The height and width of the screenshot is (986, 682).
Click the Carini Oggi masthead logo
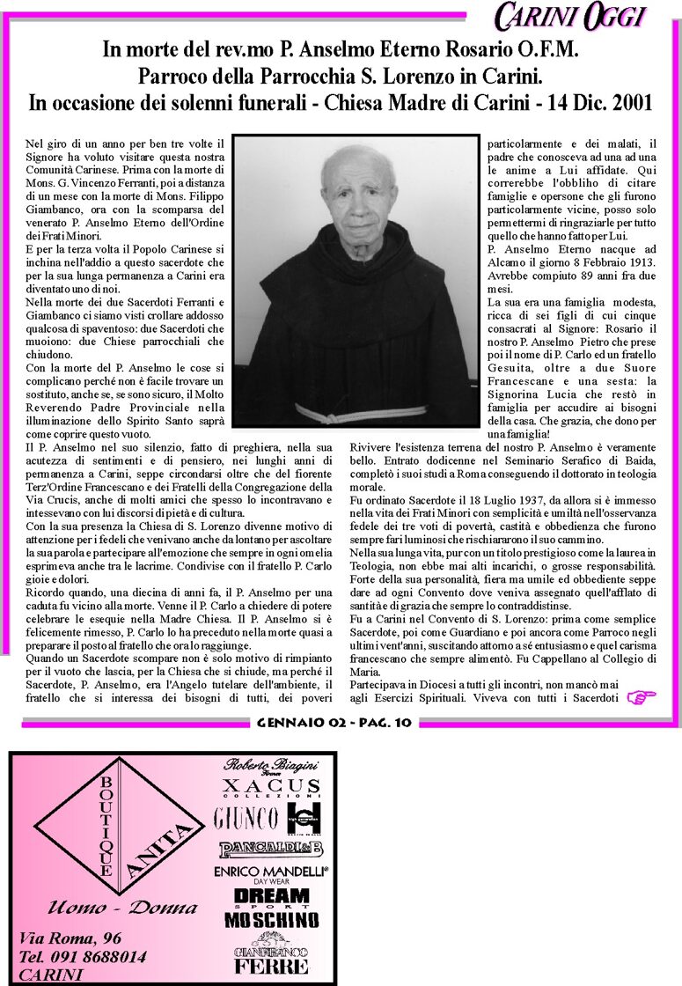(x=570, y=17)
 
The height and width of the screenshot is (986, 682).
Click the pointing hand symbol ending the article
(x=642, y=698)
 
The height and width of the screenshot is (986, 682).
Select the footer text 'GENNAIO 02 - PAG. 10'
(x=334, y=724)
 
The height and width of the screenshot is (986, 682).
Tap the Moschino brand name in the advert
(x=271, y=920)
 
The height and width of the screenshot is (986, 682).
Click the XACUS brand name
(x=271, y=786)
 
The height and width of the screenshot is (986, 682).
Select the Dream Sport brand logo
(x=271, y=897)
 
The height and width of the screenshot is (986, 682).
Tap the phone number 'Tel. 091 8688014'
(x=83, y=956)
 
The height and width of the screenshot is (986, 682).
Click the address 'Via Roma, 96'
(x=70, y=938)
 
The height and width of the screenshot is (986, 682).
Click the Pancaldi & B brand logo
(x=271, y=849)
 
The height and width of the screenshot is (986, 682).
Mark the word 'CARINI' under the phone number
(x=52, y=975)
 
